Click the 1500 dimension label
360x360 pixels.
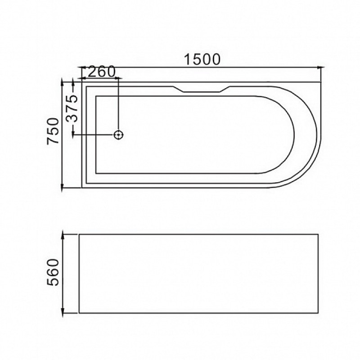point(202,59)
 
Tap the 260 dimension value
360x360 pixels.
point(101,72)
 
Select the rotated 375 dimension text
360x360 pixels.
point(72,108)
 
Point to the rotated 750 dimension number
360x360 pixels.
point(53,131)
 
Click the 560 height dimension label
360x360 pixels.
point(53,272)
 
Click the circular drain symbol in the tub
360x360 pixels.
point(118,135)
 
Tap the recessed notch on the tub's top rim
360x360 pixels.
point(201,89)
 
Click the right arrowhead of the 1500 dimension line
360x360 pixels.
point(321,67)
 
